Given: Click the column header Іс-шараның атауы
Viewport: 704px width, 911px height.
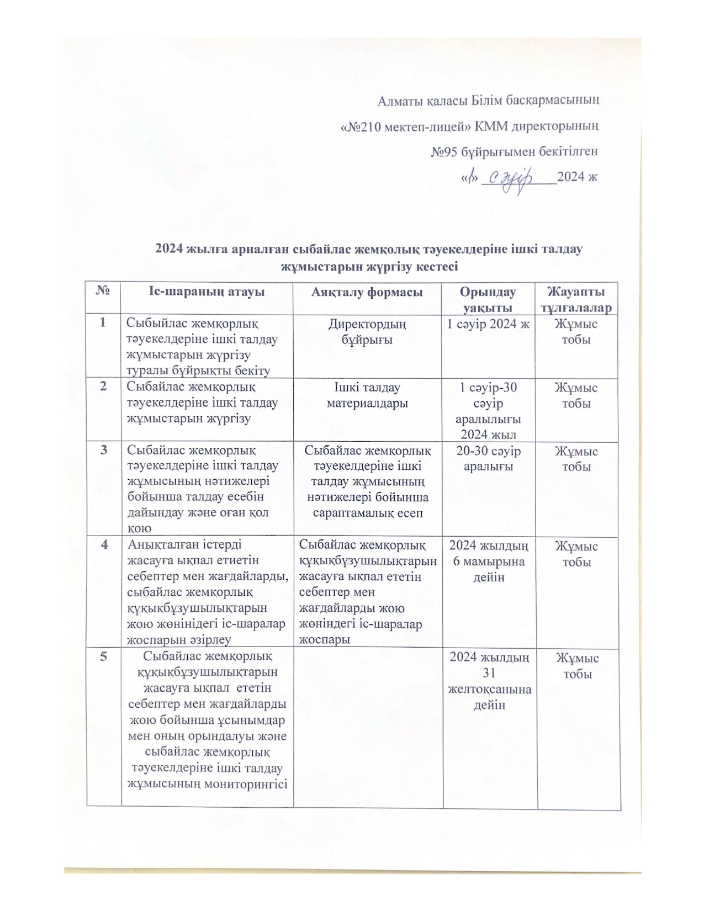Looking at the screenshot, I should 206,292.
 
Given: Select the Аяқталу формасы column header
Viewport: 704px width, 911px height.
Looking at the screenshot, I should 367,292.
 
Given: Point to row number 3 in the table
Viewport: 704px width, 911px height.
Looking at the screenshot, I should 104,451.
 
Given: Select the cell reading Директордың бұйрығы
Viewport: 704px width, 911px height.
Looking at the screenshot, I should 367,332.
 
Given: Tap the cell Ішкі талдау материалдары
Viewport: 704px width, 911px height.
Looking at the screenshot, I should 367,395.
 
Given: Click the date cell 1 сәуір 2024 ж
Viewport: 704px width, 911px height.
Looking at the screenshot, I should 488,324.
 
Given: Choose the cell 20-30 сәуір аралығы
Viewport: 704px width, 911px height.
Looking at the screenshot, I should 488,458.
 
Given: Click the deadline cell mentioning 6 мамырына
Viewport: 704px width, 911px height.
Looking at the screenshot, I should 488,562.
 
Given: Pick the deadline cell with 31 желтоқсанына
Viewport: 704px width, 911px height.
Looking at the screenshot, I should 489,681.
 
